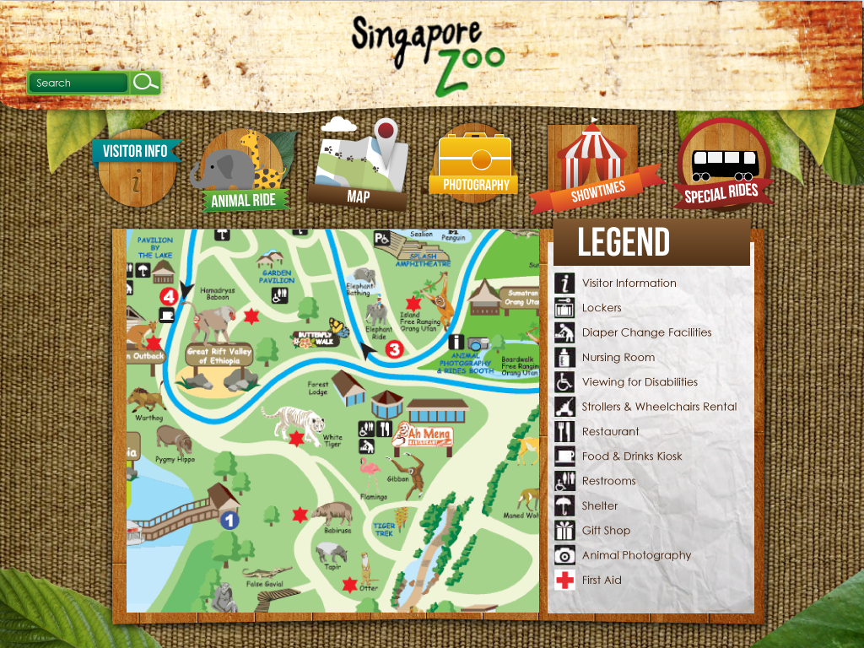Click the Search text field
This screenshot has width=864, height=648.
click(78, 83)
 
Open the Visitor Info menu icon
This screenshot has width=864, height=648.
click(137, 166)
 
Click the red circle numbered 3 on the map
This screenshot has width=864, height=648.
click(394, 348)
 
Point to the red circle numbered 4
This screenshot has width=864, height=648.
click(169, 296)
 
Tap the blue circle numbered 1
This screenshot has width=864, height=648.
click(229, 521)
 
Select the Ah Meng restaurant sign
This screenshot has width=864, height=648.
click(424, 435)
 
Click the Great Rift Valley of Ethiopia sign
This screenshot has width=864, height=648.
click(219, 356)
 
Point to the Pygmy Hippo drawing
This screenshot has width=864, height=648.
click(174, 439)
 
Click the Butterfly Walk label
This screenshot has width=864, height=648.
click(314, 338)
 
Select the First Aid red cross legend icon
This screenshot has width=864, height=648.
click(564, 580)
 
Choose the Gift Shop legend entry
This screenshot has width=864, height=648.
click(605, 531)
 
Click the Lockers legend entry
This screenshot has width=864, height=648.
click(601, 308)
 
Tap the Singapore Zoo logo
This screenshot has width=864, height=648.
click(427, 52)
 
